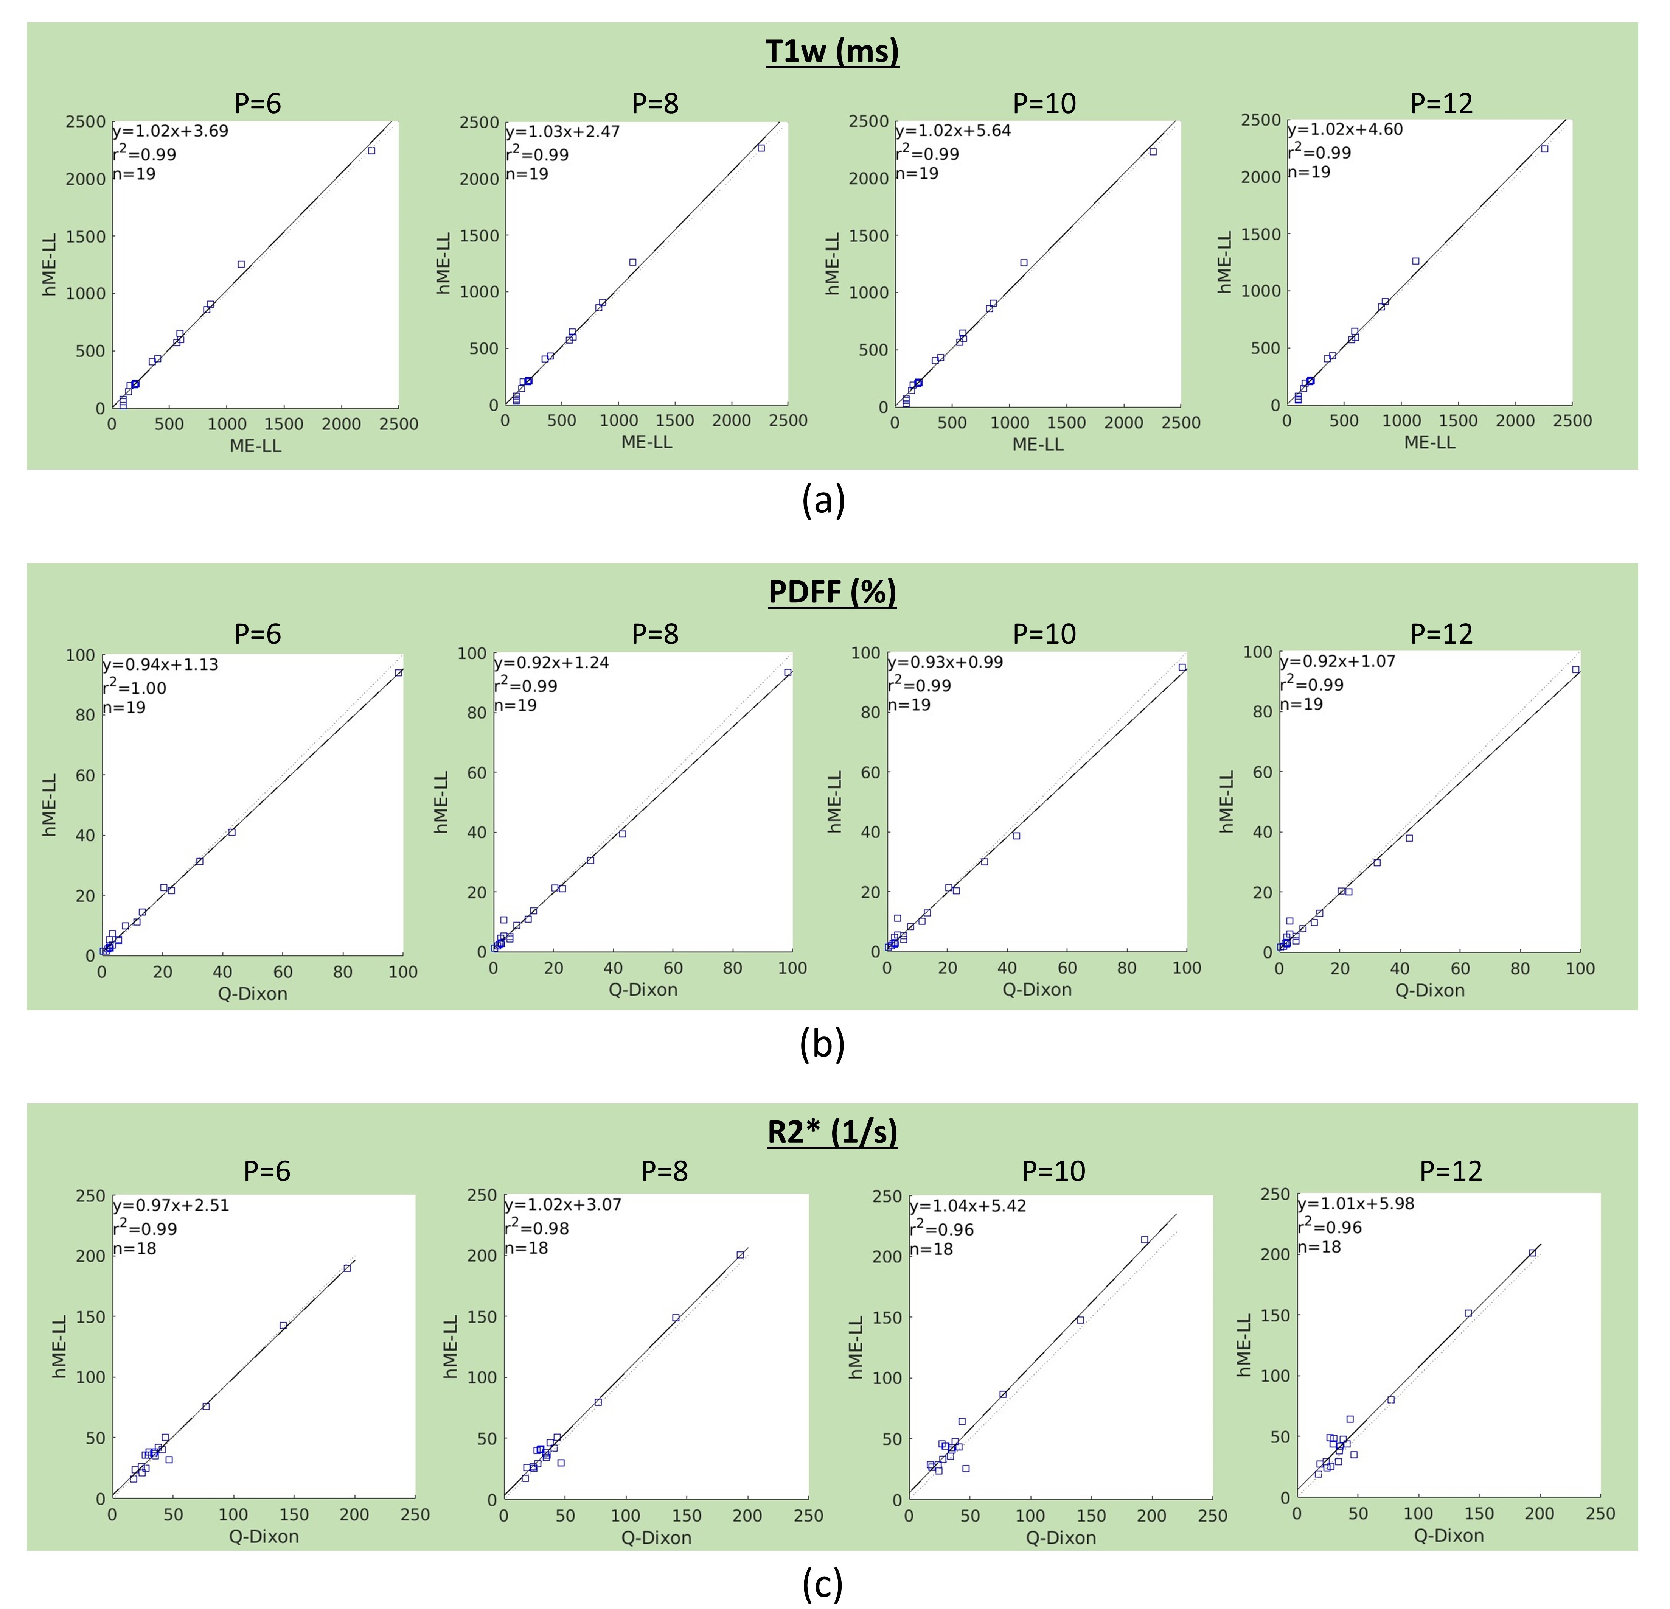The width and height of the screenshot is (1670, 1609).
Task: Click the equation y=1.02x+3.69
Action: pos(171,131)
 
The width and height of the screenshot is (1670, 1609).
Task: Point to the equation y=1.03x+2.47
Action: pos(563,131)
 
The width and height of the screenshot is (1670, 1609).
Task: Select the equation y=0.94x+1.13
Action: pos(160,665)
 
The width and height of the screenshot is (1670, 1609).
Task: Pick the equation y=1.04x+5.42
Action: pos(968,1206)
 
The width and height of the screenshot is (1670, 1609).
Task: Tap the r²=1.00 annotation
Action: pos(135,687)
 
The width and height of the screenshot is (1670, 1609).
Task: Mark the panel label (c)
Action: pos(823,1584)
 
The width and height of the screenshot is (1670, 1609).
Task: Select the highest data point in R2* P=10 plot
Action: pos(1144,1240)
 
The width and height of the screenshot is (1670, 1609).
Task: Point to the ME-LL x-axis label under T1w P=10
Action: pos(1038,444)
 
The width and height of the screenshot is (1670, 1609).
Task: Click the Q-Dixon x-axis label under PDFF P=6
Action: pos(253,994)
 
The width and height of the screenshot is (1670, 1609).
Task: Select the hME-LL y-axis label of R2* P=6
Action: pos(60,1346)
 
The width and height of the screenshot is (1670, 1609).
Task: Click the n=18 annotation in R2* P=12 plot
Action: pos(1320,1247)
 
